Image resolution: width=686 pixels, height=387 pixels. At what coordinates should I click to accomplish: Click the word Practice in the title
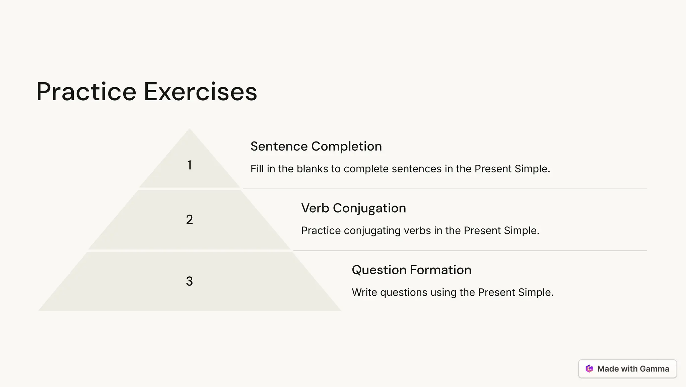pos(86,92)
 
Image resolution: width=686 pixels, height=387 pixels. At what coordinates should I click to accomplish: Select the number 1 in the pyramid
pos(190,165)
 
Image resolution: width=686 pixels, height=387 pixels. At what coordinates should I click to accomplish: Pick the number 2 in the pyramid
pos(190,220)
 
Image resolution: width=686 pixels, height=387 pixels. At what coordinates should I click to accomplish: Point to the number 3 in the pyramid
pos(190,281)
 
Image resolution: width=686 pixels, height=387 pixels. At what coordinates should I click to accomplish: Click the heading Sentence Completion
pos(316,146)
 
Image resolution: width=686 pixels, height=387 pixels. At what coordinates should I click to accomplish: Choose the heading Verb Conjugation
pos(353,208)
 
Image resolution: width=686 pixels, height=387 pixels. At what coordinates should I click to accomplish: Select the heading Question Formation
pos(411,270)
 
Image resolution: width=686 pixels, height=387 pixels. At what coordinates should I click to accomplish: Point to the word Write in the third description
pos(364,292)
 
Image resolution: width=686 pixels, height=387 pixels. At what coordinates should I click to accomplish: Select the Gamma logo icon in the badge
pos(589,369)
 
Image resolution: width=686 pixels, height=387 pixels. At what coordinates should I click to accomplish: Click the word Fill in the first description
pos(257,169)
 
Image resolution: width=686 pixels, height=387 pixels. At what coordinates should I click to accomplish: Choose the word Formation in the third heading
pos(440,270)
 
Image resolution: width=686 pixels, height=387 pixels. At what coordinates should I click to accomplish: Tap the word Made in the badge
pos(608,369)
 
